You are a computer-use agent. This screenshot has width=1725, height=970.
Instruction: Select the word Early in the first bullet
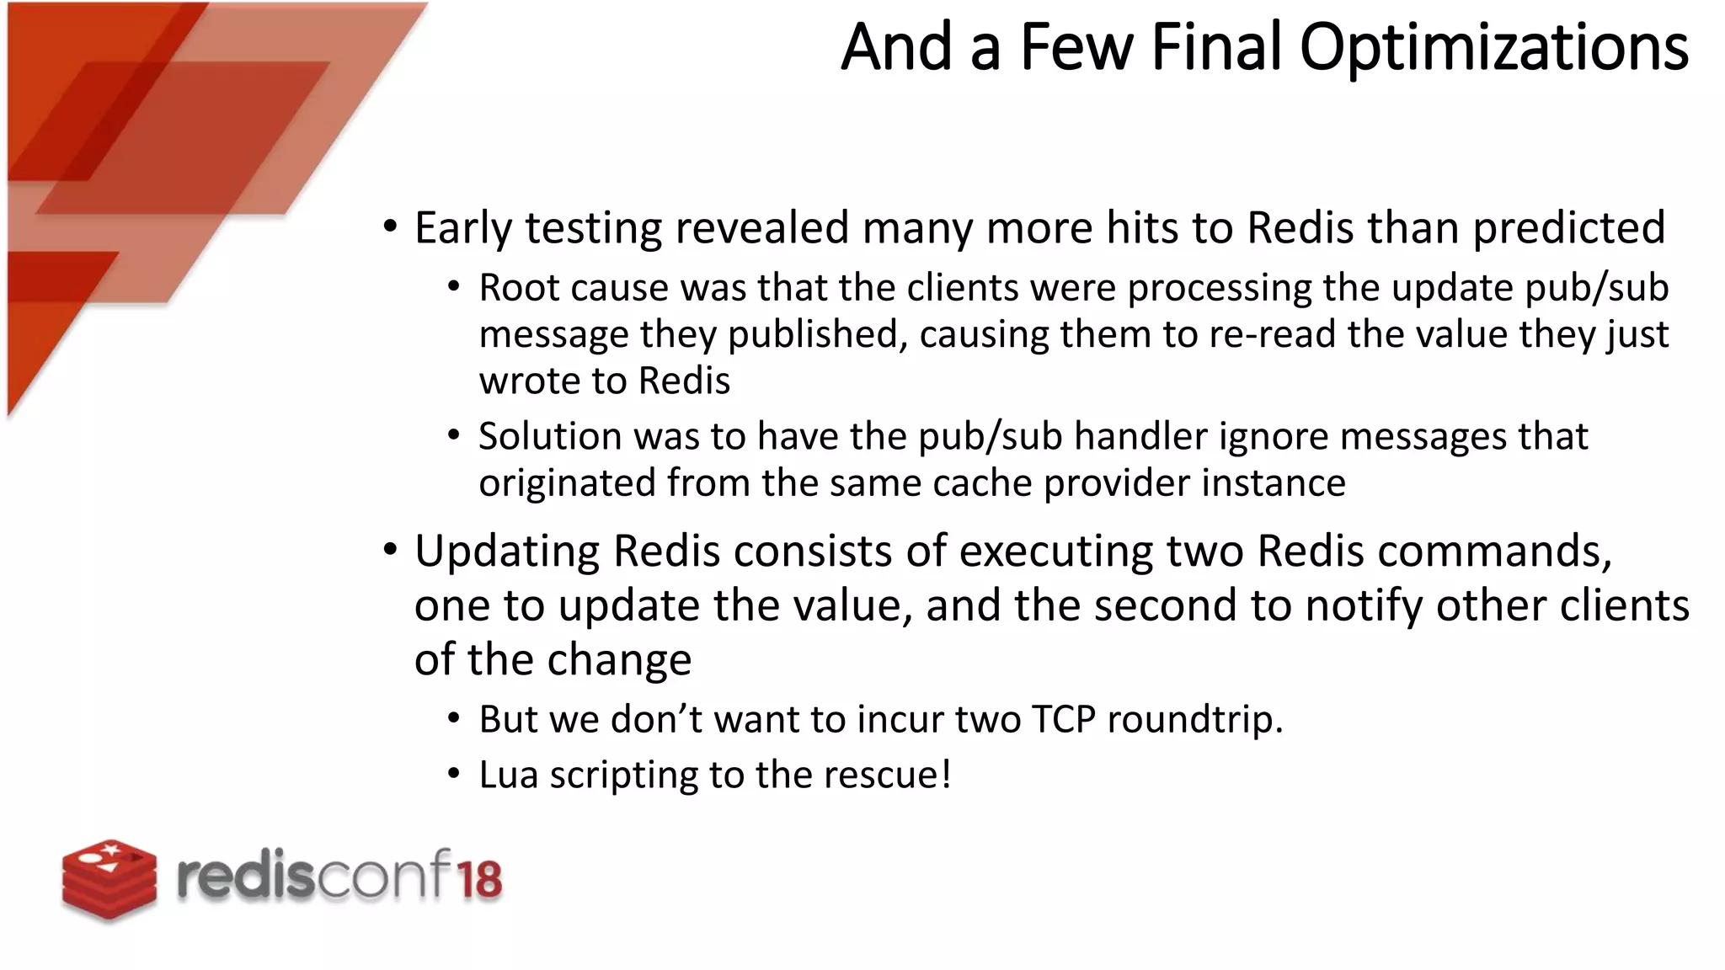coord(462,228)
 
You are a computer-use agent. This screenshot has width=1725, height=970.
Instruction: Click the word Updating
coord(507,552)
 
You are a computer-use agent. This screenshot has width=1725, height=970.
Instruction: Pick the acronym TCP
coord(1063,720)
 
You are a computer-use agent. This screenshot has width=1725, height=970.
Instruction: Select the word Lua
coord(509,775)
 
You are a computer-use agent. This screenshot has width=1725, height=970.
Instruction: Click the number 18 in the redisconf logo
coord(479,879)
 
